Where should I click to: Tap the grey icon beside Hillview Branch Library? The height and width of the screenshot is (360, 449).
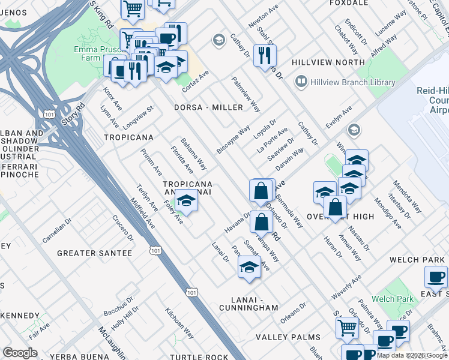pos(301,82)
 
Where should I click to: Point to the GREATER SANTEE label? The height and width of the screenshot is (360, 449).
pos(94,253)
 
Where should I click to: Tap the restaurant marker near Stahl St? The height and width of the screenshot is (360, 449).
pos(264,56)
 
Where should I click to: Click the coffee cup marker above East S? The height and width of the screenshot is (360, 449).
pos(435,277)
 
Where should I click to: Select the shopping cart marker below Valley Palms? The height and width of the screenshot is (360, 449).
pos(347,328)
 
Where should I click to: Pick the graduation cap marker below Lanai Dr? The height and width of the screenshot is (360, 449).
pos(249,268)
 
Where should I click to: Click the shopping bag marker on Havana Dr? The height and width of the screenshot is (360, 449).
pos(261,222)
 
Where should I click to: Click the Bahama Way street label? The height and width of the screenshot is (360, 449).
pos(193,154)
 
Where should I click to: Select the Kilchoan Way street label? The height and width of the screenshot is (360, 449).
pos(179,324)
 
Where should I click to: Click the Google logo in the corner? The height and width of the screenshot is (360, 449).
pos(20,352)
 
